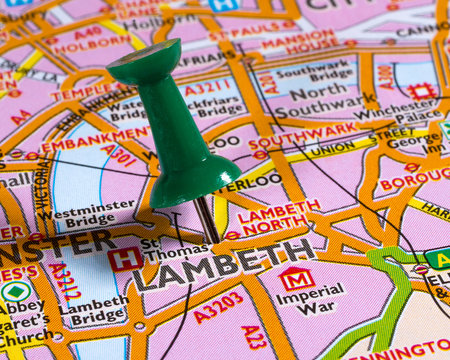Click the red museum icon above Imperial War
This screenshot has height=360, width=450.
[296, 277]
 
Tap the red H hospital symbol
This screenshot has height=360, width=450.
[124, 258]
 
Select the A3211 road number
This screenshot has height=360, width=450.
[207, 89]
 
